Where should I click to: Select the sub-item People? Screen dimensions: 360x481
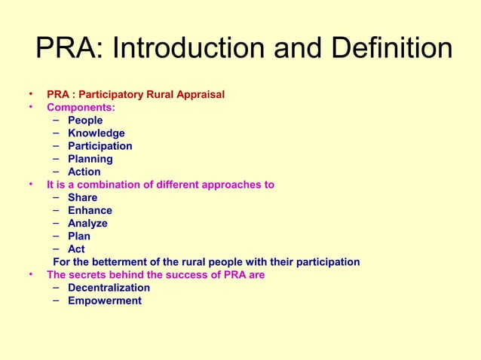[x=85, y=121]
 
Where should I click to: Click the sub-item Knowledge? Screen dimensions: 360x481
[x=97, y=133]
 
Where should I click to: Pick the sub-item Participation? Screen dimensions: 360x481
[x=100, y=146]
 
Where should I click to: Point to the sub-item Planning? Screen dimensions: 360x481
[x=90, y=159]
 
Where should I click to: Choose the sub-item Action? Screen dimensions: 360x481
[x=84, y=172]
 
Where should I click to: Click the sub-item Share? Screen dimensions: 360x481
[x=82, y=197]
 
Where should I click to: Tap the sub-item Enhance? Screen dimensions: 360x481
[x=90, y=210]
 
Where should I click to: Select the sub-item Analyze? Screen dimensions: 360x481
[x=87, y=223]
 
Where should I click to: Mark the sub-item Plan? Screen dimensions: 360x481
[x=79, y=236]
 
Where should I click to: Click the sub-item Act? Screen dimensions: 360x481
[x=76, y=249]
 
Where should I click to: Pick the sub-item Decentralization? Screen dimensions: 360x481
[x=109, y=288]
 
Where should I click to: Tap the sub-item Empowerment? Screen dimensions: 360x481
[x=105, y=301]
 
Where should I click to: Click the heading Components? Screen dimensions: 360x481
[x=81, y=108]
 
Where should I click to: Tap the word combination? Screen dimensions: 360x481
[x=107, y=185]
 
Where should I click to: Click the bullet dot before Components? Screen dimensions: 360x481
[x=31, y=107]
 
